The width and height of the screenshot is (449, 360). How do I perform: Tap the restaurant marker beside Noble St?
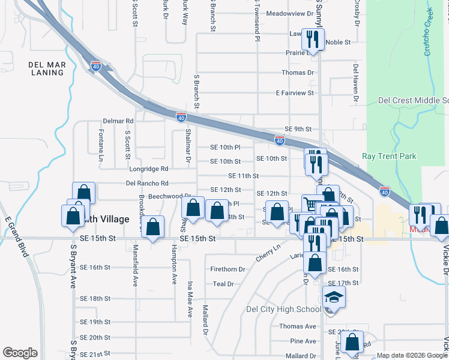[313, 40]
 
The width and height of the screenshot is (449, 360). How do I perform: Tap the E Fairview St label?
[294, 93]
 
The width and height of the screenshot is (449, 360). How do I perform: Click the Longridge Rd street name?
[147, 169]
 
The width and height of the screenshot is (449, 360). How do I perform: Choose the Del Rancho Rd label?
[147, 183]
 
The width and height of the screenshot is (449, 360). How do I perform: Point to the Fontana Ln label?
[101, 145]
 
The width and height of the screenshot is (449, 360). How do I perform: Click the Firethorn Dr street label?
[228, 269]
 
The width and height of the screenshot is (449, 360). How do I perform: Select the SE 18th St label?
[95, 298]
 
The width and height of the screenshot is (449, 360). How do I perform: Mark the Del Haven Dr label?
[356, 82]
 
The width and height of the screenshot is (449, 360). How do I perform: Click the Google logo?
[20, 353]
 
